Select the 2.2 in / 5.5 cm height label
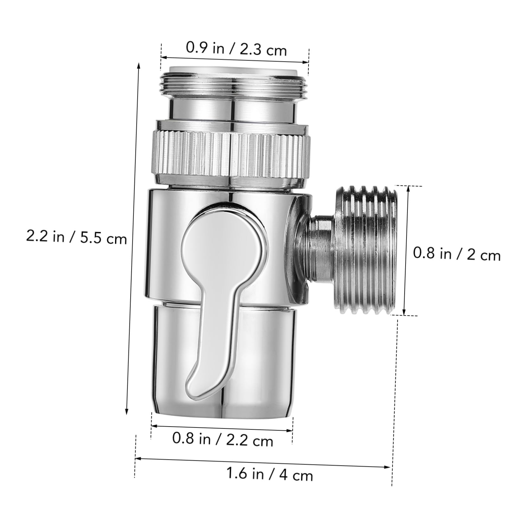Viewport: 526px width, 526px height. point(76,237)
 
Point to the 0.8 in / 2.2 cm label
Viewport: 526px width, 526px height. point(222,439)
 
